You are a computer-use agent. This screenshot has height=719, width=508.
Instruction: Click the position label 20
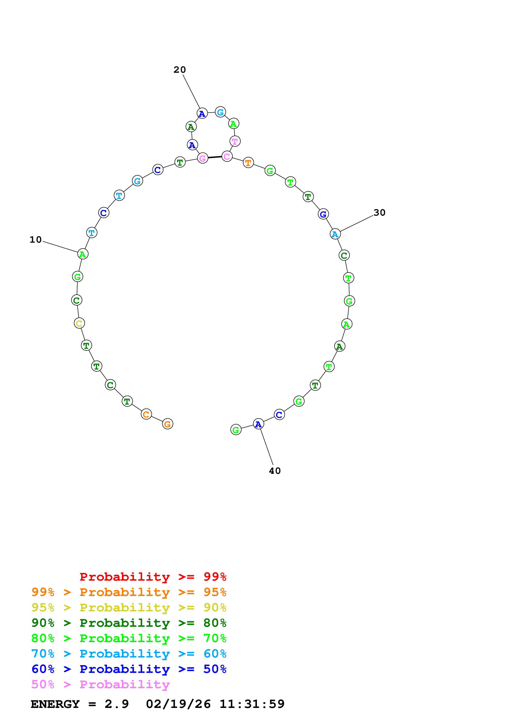[180, 70]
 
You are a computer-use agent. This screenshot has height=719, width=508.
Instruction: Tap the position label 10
[36, 240]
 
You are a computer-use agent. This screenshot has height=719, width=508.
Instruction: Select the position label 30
[379, 213]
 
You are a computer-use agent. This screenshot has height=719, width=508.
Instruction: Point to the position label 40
[275, 471]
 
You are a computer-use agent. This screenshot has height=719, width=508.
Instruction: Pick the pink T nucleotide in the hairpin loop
[235, 141]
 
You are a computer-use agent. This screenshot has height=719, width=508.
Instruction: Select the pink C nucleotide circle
[227, 156]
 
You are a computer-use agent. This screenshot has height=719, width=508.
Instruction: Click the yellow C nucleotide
[79, 323]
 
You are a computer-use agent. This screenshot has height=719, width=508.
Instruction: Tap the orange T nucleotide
[248, 163]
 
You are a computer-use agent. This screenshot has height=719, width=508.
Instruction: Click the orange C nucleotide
[146, 414]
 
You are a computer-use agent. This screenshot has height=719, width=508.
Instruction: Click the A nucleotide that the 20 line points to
[202, 113]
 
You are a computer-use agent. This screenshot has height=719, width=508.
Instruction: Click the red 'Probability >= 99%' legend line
[153, 577]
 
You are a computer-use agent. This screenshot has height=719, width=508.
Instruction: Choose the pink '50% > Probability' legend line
[100, 684]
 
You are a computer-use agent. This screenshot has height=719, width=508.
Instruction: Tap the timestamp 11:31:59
[252, 704]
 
